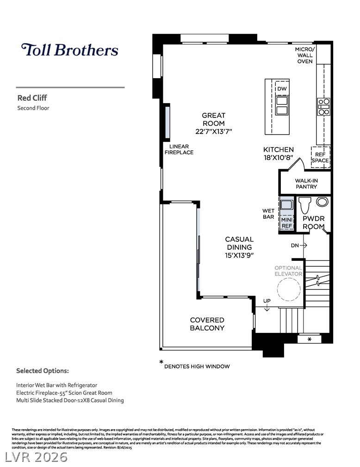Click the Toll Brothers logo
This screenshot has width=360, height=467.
(x=69, y=50)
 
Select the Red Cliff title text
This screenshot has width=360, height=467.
(x=32, y=98)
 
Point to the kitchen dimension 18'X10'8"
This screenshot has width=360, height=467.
(x=279, y=157)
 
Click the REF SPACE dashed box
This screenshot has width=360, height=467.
(x=320, y=157)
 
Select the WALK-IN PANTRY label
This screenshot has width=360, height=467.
(x=306, y=184)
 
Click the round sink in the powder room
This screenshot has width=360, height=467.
(x=322, y=202)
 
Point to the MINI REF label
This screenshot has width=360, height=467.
(x=287, y=223)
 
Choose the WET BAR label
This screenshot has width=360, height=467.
(x=268, y=214)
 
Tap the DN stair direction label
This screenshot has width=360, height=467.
(x=295, y=246)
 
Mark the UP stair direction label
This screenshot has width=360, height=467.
(x=267, y=301)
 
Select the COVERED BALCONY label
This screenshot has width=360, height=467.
(x=207, y=324)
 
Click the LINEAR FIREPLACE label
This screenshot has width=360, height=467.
(x=179, y=149)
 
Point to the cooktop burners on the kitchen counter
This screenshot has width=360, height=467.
(x=323, y=106)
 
